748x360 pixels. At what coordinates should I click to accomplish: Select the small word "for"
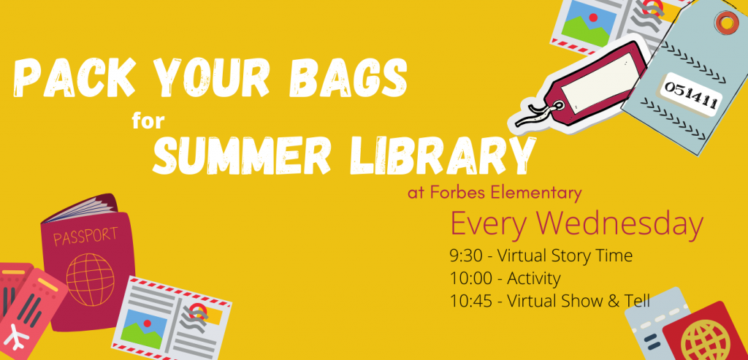tap(148, 122)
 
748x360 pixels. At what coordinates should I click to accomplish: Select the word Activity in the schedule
tap(533, 278)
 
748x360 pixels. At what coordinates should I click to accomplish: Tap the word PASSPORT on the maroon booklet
tap(86, 236)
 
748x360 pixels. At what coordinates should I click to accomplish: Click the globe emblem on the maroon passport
tap(91, 280)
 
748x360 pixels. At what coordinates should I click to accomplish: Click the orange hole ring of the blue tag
tap(726, 22)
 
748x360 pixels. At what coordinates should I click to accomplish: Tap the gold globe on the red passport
tap(707, 340)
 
